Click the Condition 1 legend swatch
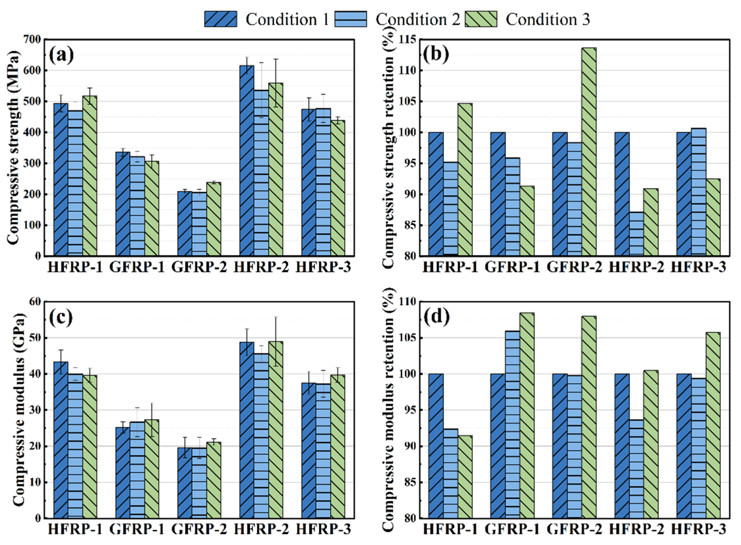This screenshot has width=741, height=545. click(x=220, y=19)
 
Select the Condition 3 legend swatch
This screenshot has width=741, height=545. click(x=481, y=19)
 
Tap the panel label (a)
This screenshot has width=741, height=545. click(x=61, y=55)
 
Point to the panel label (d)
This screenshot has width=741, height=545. click(x=437, y=317)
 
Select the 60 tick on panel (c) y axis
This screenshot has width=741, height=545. click(x=35, y=302)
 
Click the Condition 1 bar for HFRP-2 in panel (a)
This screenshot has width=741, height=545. click(x=247, y=161)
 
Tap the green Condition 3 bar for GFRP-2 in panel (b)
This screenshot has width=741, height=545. click(x=589, y=152)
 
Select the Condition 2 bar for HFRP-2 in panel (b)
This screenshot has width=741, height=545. click(x=636, y=234)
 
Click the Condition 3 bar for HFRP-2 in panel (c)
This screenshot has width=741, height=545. click(x=276, y=430)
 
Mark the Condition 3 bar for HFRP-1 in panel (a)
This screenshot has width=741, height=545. click(x=90, y=176)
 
